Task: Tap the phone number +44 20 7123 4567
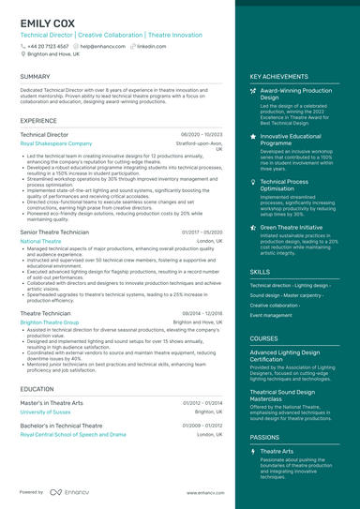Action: tap(48, 45)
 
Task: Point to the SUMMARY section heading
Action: tap(35, 77)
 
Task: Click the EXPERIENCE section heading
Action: tap(38, 121)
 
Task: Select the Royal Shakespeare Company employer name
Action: tap(56, 143)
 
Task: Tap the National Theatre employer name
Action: tap(40, 241)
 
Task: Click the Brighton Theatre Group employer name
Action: tap(50, 322)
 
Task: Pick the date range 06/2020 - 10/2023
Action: tap(201, 135)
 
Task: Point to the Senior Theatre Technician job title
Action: tap(54, 232)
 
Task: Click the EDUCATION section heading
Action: tap(37, 388)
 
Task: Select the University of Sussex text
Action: tap(45, 412)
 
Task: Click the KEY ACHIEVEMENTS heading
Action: tap(278, 77)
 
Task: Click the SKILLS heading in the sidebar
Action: tap(260, 271)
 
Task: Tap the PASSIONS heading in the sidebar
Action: tap(264, 437)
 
